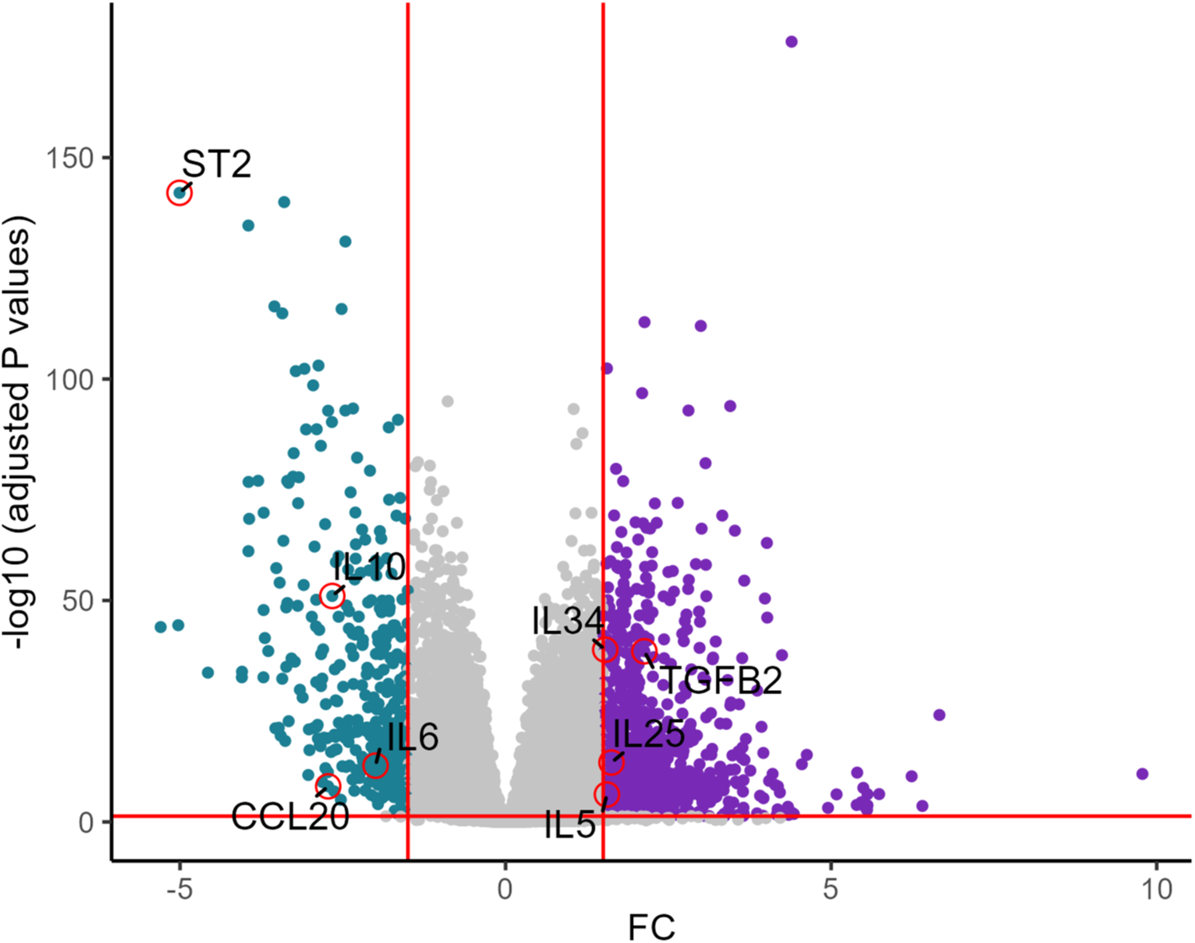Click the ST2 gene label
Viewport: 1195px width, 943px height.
pos(216,164)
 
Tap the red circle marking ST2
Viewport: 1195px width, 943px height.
pos(179,193)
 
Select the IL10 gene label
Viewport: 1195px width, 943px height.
pos(369,567)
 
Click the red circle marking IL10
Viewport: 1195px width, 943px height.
pos(332,595)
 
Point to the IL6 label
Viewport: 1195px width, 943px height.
pos(413,737)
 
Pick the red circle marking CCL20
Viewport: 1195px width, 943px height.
pos(328,786)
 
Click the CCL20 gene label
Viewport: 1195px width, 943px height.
pos(290,816)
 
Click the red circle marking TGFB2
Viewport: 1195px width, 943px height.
pos(644,651)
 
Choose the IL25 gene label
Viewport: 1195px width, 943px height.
pos(649,733)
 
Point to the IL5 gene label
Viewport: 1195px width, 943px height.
pos(570,826)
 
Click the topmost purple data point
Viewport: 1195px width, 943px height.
pos(791,41)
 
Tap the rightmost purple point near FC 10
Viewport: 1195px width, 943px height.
pos(1142,774)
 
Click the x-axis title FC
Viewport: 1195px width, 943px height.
pos(651,927)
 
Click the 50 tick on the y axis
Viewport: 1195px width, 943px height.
pos(80,601)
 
